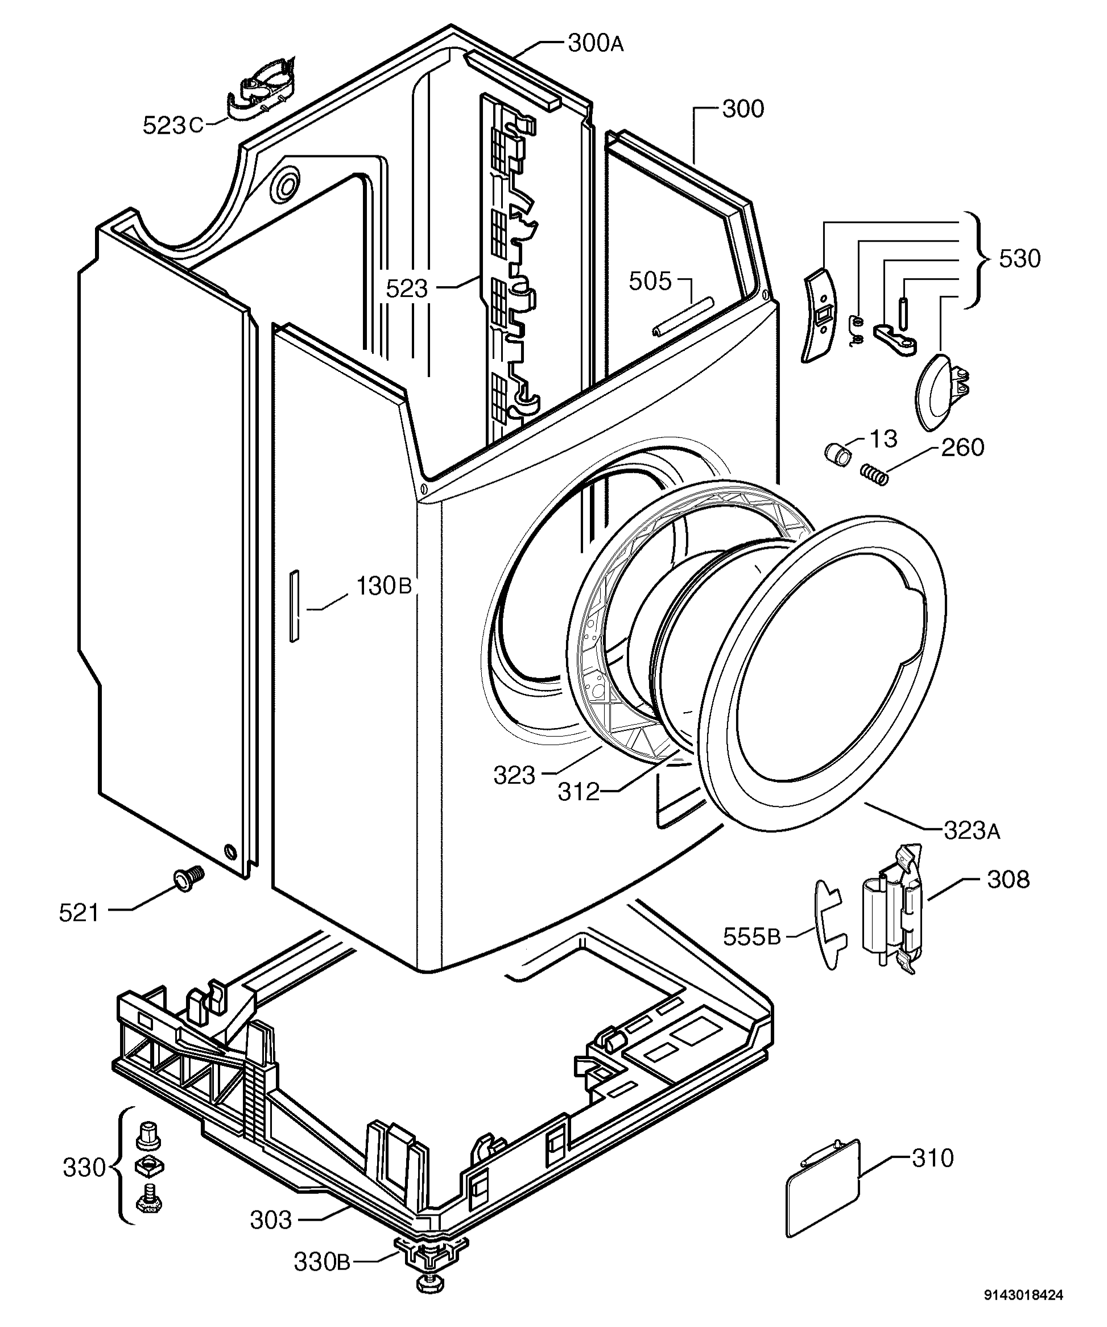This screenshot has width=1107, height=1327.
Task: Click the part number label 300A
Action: click(x=595, y=44)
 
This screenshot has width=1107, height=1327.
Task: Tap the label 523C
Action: click(x=172, y=125)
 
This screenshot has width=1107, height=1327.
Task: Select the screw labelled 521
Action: click(x=188, y=878)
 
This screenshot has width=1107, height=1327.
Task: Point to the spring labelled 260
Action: click(x=875, y=474)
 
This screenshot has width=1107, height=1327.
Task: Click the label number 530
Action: click(x=1019, y=258)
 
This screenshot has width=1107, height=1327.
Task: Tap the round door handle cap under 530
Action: click(x=935, y=392)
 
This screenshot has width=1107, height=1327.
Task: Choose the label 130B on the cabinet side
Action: click(x=383, y=586)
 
